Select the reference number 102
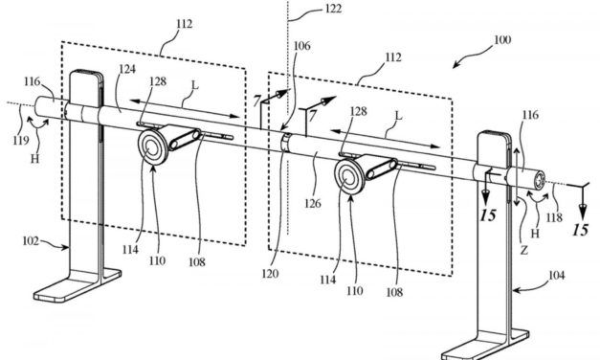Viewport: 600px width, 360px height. coord(28,241)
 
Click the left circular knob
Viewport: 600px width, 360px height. coord(153,147)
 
